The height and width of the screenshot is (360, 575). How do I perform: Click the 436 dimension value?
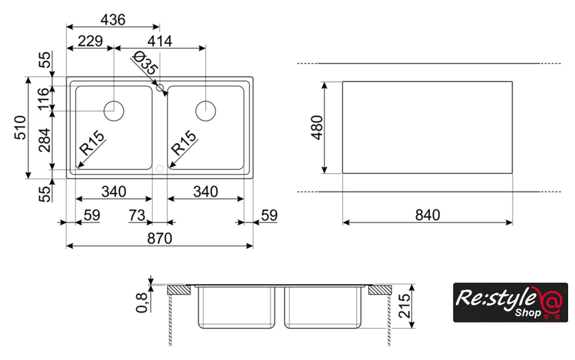tap(112, 19)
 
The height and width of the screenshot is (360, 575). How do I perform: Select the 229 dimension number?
tap(90, 41)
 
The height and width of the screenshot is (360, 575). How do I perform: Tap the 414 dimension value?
tap(159, 41)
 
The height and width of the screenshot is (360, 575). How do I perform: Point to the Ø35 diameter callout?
tap(146, 63)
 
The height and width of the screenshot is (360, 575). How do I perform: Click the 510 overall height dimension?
tap(21, 127)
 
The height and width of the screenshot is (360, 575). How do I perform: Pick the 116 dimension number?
tap(43, 99)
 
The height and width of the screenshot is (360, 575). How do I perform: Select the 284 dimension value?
tap(44, 140)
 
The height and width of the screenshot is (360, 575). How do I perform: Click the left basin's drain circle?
tap(114, 111)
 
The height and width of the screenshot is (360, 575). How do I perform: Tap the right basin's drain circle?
tap(205, 111)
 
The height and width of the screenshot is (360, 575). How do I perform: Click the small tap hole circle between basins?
tap(159, 88)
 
